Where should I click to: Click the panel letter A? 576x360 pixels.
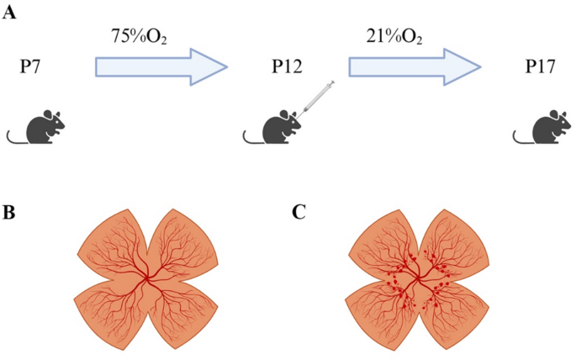[x=11, y=14]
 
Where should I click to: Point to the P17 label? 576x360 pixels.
[x=536, y=66]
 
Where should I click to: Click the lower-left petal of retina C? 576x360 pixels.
[x=383, y=315]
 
